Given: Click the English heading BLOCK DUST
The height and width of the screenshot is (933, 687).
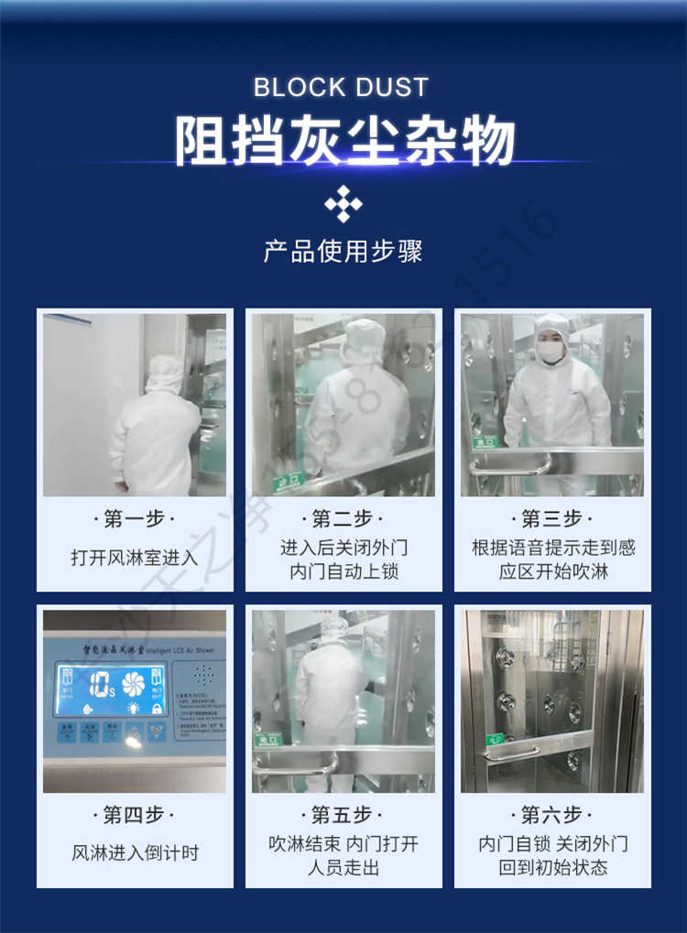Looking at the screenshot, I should [342, 88].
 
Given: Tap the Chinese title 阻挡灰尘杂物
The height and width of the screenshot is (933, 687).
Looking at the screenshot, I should [344, 141].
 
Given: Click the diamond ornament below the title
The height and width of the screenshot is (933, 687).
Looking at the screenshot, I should [343, 203].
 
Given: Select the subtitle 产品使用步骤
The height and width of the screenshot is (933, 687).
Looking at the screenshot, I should [343, 251].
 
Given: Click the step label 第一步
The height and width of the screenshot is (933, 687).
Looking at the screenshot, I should [134, 519].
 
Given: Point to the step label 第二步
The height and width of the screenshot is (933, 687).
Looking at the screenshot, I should [343, 519].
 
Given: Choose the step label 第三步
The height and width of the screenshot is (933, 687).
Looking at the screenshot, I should [551, 519].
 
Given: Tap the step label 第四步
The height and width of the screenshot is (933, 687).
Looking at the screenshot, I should [134, 814].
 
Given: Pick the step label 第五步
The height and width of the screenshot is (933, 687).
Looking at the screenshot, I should [343, 814].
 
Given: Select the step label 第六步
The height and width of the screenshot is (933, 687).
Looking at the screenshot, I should [551, 814].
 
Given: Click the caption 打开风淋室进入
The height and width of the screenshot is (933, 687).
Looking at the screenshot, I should [134, 557].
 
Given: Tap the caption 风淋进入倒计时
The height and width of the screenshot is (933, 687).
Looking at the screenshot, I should [134, 852].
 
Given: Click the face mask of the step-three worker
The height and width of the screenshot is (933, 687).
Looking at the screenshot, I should [551, 352].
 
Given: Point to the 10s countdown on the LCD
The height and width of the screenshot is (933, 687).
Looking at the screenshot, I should [98, 684].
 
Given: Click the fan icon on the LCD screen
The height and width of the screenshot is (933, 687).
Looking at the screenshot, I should [134, 684].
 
